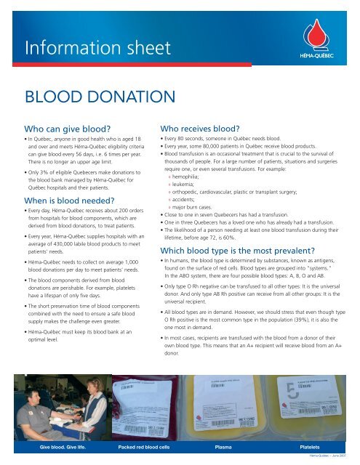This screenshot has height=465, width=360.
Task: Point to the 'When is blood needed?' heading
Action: point(70,201)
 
